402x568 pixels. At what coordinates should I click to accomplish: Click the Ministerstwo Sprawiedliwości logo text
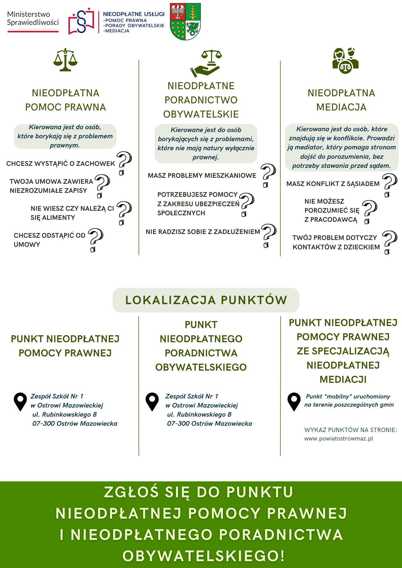33,18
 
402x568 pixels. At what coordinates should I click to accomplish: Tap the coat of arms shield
185,22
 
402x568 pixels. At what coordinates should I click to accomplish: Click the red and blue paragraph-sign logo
81,21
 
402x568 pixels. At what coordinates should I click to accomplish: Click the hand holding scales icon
206,64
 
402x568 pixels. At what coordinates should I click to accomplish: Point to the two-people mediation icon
345,60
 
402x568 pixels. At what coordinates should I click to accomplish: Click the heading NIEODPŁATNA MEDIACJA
341,100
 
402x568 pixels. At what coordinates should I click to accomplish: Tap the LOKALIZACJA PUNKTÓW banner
206,300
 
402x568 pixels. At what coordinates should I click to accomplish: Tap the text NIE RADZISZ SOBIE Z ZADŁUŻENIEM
203,232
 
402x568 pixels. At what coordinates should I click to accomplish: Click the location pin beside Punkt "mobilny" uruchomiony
294,401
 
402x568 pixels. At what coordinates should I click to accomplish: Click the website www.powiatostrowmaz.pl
339,438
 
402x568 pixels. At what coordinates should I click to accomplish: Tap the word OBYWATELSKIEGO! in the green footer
204,556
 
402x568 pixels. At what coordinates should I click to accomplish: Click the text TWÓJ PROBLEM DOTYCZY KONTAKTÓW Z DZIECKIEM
336,242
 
